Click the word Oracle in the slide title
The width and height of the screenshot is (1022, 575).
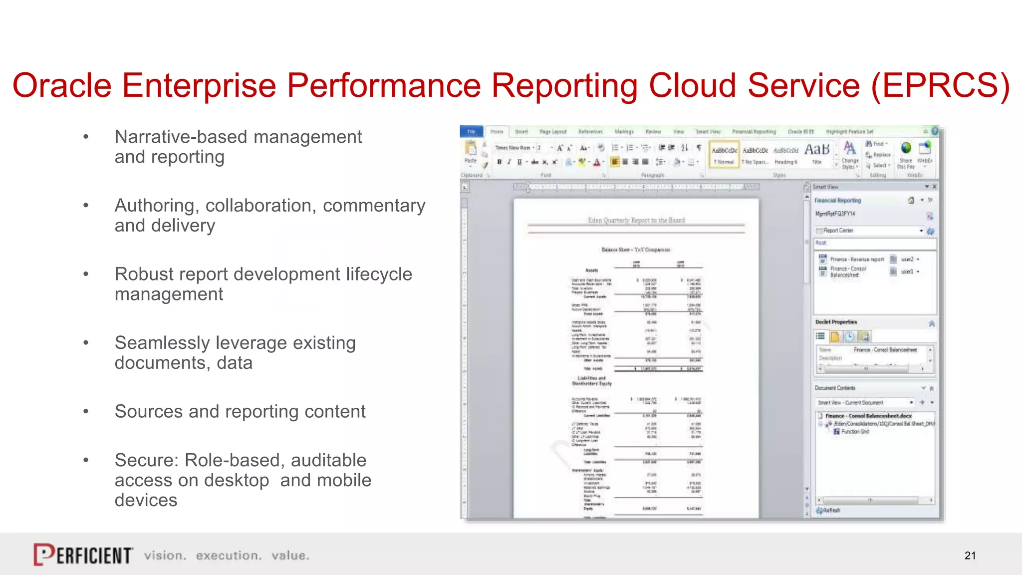61,85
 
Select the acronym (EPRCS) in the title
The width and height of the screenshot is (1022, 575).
940,85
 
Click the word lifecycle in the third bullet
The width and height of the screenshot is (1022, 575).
379,274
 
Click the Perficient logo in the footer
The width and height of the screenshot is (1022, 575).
83,555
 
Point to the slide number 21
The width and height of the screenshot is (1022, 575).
970,556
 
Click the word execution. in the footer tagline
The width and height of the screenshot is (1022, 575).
229,556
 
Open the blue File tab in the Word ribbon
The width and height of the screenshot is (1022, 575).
471,132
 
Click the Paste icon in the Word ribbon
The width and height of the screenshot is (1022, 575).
470,151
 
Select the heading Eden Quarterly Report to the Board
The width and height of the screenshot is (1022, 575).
636,220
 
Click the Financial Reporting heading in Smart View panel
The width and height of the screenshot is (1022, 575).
838,201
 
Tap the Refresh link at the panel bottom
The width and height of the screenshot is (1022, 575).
829,511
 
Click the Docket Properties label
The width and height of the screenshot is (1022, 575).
836,322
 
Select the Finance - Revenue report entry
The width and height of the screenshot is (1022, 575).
856,260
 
